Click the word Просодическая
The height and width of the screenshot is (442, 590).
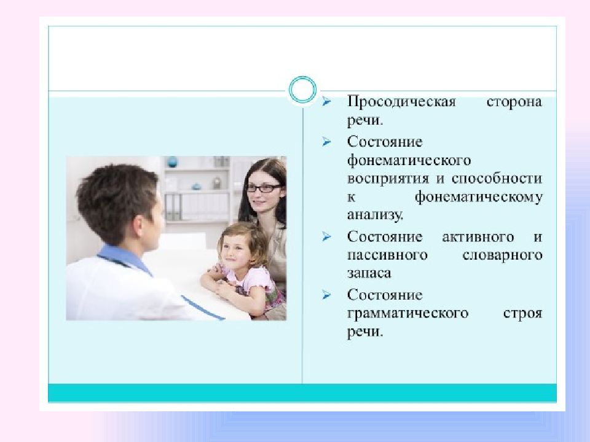click(x=401, y=102)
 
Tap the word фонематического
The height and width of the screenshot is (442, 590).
click(x=409, y=161)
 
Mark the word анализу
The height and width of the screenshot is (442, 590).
click(x=376, y=215)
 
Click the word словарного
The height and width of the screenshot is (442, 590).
click(x=502, y=255)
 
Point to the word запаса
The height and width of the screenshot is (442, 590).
click(x=369, y=273)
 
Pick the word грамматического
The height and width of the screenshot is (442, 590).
click(x=408, y=313)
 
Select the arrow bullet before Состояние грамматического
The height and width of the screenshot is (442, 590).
click(x=326, y=295)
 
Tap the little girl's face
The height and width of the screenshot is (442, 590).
click(x=237, y=248)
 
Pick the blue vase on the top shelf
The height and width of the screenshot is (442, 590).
click(x=172, y=162)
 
